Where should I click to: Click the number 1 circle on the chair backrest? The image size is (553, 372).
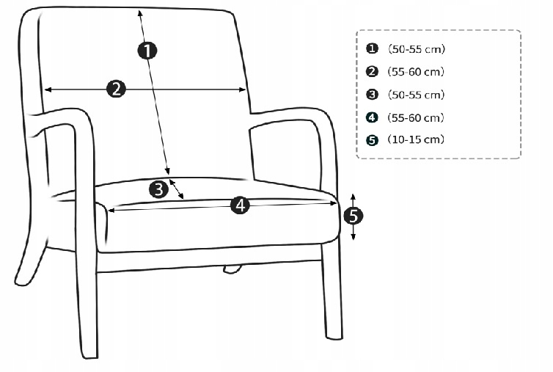(147, 50)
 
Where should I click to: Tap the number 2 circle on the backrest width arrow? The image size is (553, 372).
(116, 89)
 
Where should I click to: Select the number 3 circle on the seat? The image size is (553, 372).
(158, 189)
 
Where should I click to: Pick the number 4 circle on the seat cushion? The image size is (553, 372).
(240, 205)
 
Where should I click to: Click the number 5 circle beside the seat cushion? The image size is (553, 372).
(353, 216)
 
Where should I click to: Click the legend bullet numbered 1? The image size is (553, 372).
(372, 48)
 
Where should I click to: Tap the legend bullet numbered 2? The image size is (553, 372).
(372, 71)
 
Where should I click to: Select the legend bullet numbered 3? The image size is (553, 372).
(372, 95)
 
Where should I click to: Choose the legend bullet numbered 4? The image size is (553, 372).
(372, 117)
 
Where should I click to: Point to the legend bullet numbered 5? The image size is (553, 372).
(372, 140)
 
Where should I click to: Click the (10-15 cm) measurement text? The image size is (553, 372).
(416, 139)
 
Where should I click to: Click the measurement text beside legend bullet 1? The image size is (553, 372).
(417, 48)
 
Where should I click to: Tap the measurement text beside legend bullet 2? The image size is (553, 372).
(416, 72)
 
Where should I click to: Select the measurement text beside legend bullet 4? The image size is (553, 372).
(416, 117)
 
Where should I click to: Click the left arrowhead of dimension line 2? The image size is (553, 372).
(48, 90)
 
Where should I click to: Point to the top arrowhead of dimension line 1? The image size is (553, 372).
(140, 13)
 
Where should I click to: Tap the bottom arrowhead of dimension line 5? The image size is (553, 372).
(353, 237)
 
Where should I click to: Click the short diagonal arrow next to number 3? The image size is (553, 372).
(176, 189)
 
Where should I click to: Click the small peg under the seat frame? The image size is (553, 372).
(232, 269)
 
